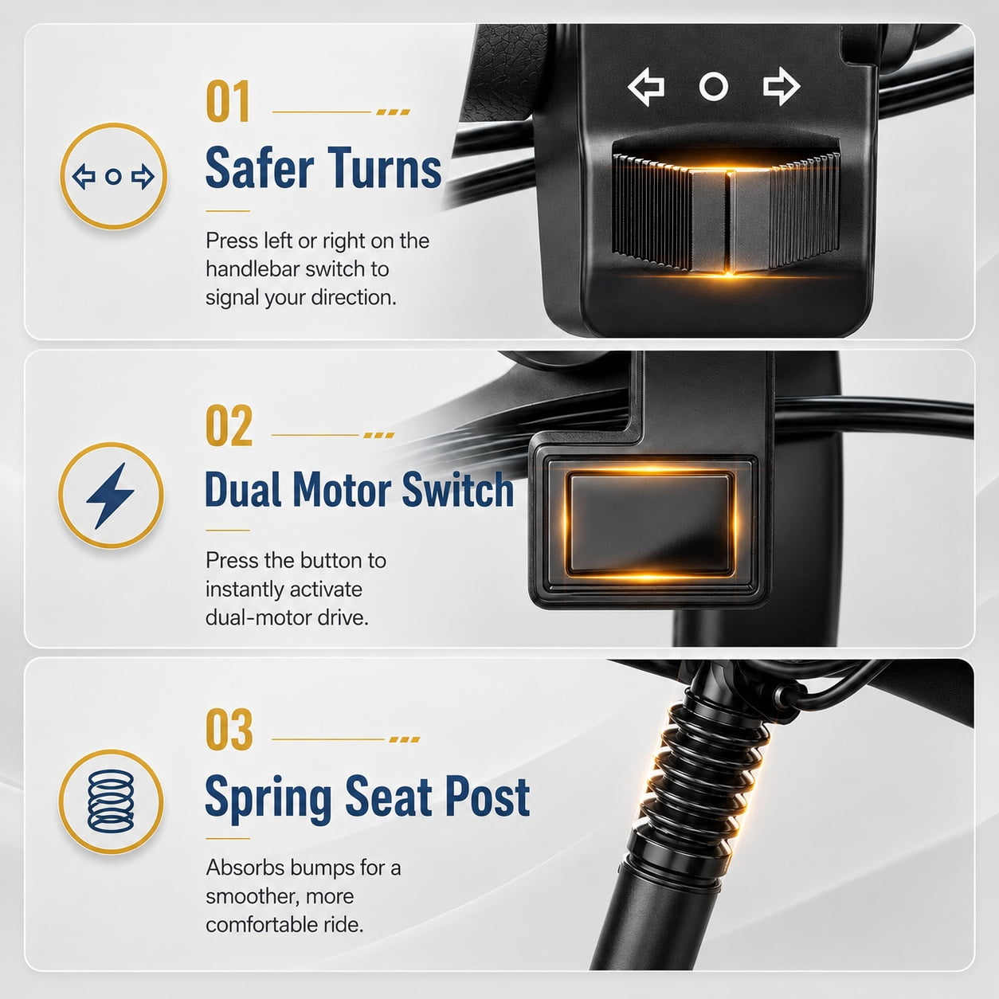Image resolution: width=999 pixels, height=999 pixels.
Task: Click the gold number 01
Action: [228, 101]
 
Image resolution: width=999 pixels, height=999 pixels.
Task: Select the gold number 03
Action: [229, 730]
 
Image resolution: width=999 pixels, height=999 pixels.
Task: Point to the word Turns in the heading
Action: [385, 168]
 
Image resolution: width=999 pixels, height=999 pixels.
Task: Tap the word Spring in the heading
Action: [268, 799]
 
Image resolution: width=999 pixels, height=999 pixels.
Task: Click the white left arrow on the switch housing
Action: [646, 87]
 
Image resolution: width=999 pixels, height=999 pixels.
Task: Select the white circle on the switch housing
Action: [714, 87]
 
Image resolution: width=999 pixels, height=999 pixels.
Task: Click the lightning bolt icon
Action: [111, 496]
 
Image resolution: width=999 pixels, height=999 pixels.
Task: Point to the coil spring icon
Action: [111, 801]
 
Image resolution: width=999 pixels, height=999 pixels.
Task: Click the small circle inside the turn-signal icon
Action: [113, 177]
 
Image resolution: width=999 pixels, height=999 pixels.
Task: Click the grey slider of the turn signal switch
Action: [730, 221]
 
